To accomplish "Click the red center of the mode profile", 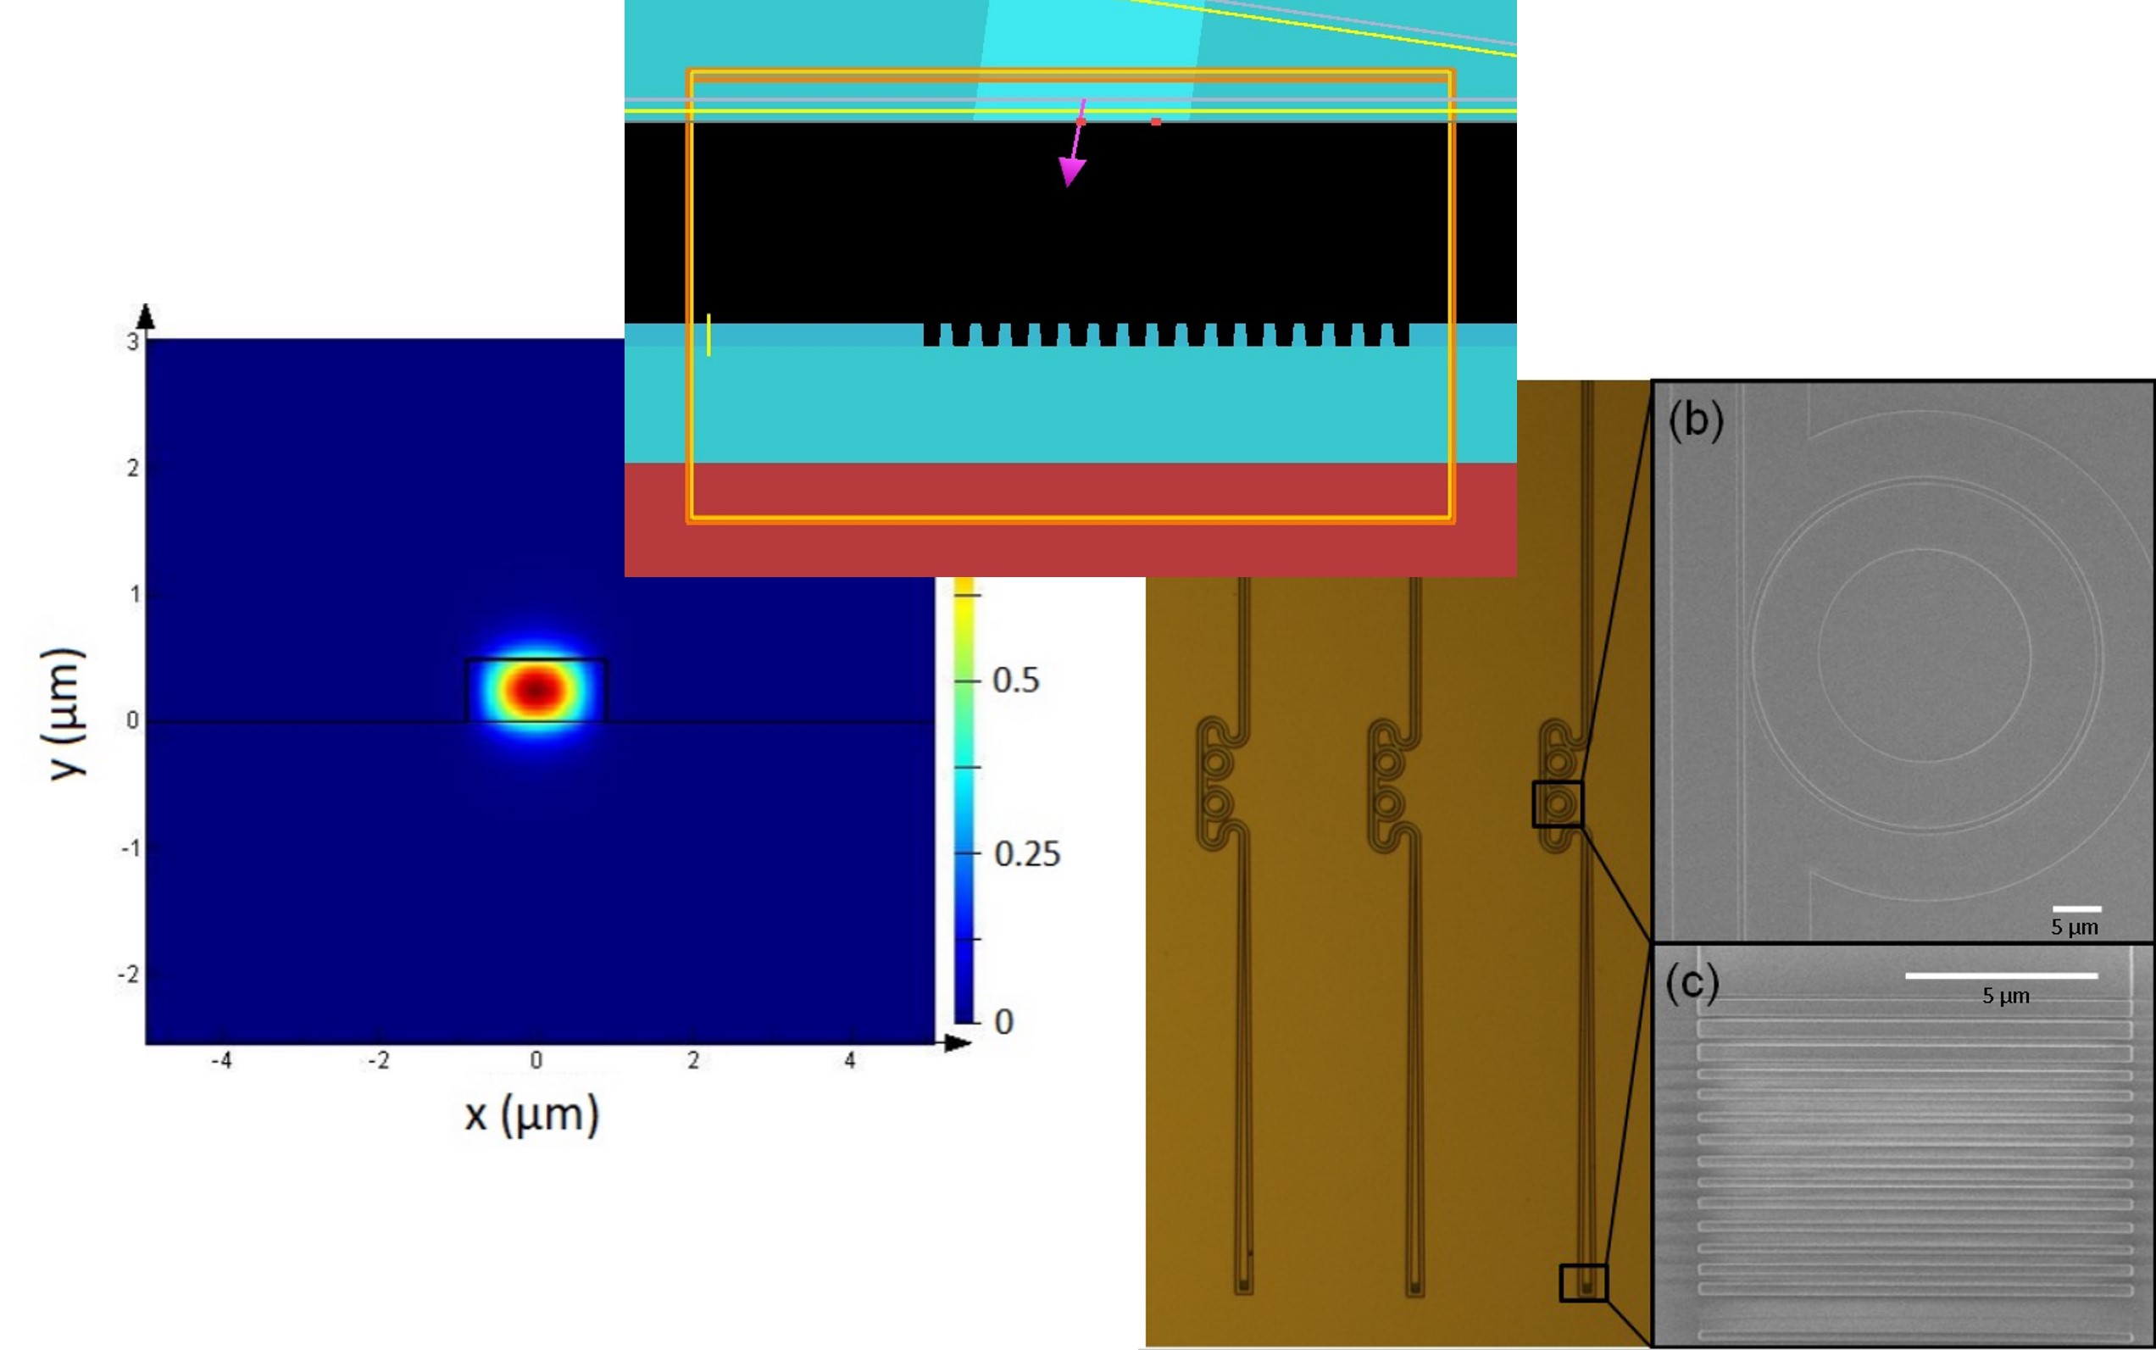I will coord(536,689).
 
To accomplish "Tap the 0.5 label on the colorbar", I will coord(1016,681).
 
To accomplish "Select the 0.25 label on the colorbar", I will coord(1026,854).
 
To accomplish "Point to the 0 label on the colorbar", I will coord(1004,1022).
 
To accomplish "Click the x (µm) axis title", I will coord(532,1115).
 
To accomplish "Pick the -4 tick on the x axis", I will coord(221,1061).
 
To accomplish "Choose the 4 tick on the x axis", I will coord(850,1061).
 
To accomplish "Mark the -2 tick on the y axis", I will coord(130,974).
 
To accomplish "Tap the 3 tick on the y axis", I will coord(133,342).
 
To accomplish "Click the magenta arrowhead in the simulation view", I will coord(1071,171).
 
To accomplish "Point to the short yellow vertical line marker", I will coord(708,335).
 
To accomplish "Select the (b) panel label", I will coord(1695,419).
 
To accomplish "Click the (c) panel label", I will coord(1692,983).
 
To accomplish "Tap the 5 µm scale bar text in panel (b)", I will coord(2074,927).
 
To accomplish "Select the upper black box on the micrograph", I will coord(1558,803).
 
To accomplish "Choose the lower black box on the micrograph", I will coord(1583,1283).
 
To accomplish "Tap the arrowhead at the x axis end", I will coord(959,1043).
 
